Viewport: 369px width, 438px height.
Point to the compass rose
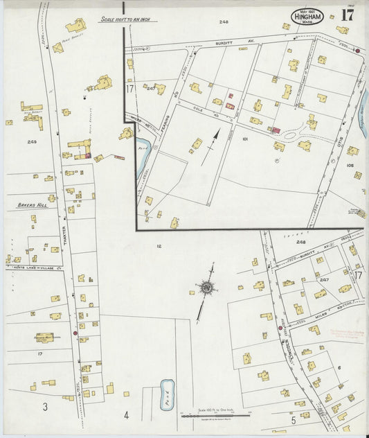[206, 286]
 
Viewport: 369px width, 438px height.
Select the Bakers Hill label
[27, 206]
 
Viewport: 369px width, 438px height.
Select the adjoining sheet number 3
[45, 407]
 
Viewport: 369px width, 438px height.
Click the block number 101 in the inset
[245, 139]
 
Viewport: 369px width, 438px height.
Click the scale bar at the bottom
[211, 415]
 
